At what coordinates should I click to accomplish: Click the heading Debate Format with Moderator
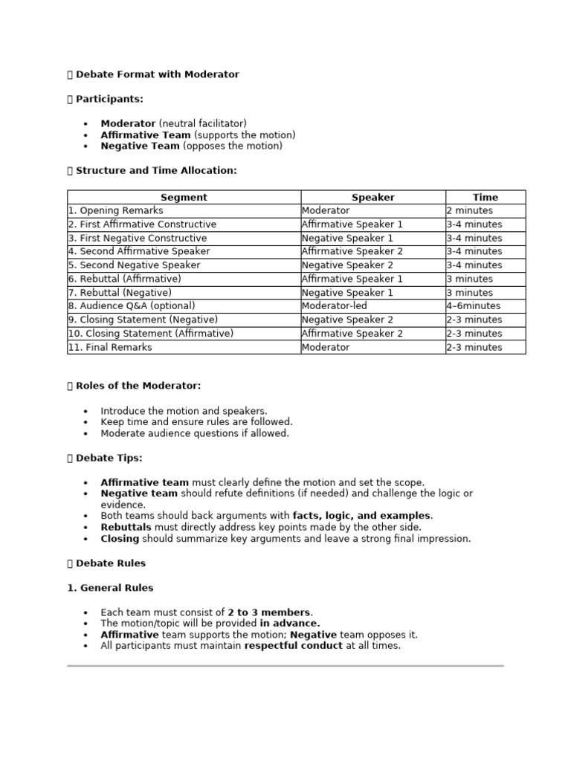[157, 74]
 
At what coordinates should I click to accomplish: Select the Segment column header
[184, 197]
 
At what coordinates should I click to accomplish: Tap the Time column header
[485, 197]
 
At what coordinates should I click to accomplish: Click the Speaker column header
[372, 197]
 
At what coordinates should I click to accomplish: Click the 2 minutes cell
[469, 210]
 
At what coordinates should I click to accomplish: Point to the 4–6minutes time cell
[473, 305]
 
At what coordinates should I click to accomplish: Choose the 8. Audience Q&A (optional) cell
[132, 305]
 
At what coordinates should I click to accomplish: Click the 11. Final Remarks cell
[110, 347]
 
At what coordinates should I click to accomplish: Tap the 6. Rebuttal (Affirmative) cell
[124, 279]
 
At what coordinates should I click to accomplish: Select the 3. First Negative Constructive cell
[138, 238]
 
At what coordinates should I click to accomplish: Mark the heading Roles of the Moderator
[138, 386]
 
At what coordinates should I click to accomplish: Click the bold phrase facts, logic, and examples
[361, 516]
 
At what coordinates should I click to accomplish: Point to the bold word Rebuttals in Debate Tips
[126, 527]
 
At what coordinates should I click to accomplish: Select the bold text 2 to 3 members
[270, 612]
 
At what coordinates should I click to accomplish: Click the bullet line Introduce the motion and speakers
[184, 410]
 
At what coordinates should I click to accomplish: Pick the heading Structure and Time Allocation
[156, 170]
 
